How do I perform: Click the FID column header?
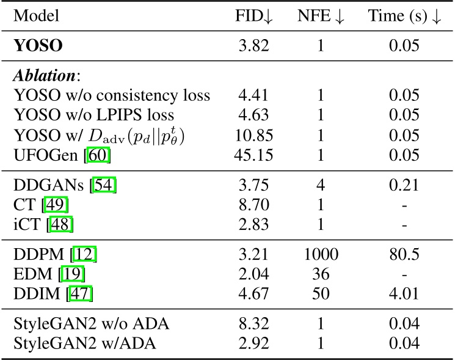(253, 17)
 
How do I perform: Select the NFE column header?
(320, 17)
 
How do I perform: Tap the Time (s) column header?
(404, 17)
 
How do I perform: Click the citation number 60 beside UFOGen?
(98, 153)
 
